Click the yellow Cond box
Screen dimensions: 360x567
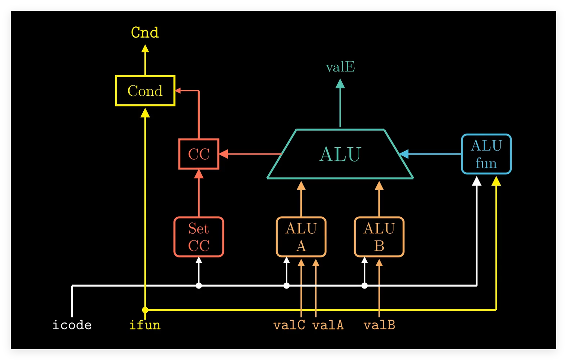coord(145,91)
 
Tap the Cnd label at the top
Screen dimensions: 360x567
coord(145,33)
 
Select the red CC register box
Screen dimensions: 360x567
coord(199,154)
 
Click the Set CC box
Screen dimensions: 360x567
coord(199,237)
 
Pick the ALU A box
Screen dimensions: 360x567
coord(301,237)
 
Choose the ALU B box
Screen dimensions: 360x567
coord(379,237)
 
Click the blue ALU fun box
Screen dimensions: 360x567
coord(486,154)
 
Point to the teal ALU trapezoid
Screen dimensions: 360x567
coord(340,154)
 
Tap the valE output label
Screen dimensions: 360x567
coord(340,67)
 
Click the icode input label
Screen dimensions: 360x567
coord(72,325)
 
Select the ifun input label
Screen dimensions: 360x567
coord(145,325)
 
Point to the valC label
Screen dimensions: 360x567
coord(289,325)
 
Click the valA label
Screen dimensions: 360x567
coord(328,325)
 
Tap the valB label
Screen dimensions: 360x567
coord(379,325)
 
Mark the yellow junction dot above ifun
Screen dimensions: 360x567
coord(145,310)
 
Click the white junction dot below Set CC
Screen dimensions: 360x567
coord(199,286)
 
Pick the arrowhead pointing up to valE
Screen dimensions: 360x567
coord(340,84)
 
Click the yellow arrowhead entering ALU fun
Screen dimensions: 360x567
coord(496,181)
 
